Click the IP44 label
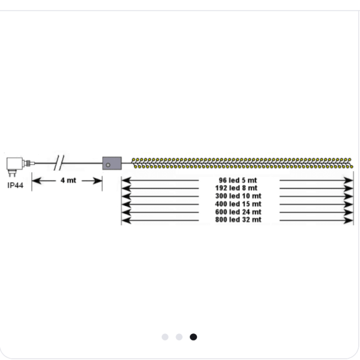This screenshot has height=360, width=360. coord(16,186)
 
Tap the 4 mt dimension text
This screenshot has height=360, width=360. coord(68,181)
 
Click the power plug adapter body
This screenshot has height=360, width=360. coord(15,163)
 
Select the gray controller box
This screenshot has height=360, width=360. coord(112,163)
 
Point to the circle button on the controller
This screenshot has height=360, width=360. coord(108,165)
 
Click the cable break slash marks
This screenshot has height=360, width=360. coord(59,162)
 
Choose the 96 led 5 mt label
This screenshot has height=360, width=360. coord(238,180)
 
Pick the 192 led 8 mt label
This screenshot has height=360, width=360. coord(236,188)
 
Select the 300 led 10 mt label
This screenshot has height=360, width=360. coord(238,196)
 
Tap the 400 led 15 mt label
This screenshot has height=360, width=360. coord(238,204)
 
